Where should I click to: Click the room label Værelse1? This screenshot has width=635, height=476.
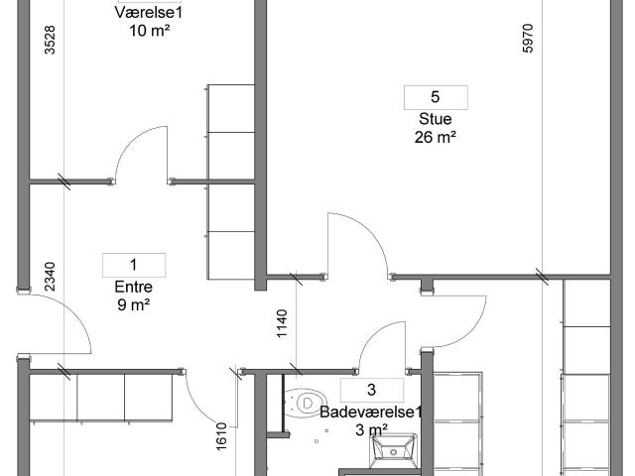pos(149,13)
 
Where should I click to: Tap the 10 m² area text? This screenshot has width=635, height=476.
pos(149,31)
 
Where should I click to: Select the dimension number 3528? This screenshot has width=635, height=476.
pos(50,40)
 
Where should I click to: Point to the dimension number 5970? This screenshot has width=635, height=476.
pos(528,39)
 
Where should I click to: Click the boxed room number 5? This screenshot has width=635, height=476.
pos(436,97)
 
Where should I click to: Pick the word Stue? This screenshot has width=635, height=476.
pos(436,119)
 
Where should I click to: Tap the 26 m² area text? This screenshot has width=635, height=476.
pos(436,137)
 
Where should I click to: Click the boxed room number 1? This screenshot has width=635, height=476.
pos(134,265)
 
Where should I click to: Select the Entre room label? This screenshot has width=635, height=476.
pos(134,287)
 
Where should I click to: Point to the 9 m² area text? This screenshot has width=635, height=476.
pos(134,304)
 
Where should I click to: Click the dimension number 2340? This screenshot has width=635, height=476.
pos(50,277)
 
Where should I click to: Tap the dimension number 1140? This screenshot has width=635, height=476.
pos(282,323)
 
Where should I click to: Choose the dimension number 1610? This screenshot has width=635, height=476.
pos(221,436)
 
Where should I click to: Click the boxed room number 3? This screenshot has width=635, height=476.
pos(371,390)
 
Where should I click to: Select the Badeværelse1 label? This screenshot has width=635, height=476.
pos(371,413)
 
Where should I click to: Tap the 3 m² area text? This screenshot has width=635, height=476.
pos(372,429)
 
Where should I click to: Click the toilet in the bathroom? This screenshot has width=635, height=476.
pos(305,404)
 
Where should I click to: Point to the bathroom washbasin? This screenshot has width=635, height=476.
pos(393,450)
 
